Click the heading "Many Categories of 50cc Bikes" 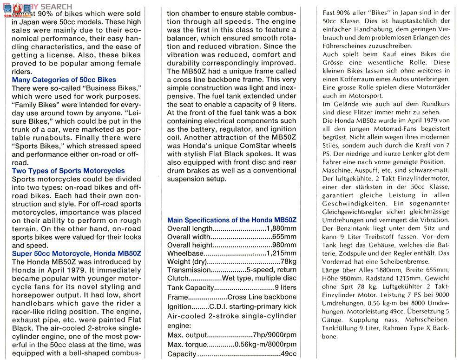pos(64,80)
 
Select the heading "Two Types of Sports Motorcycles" pos(68,171)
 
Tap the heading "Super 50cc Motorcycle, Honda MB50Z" pos(77,253)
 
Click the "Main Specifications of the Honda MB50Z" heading pos(232,220)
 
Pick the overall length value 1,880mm pos(281,228)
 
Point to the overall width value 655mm pos(285,237)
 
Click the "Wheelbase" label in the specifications pos(185,253)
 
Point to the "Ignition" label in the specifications pos(179,307)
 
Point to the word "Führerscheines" pos(349,46)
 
